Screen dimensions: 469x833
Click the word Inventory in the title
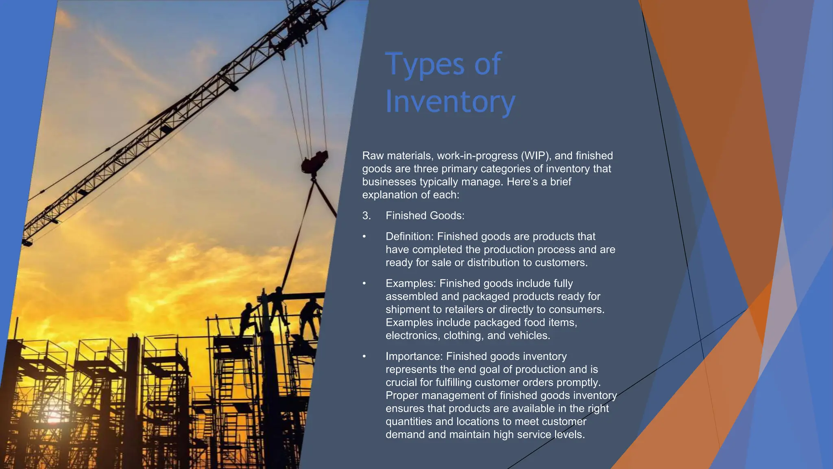coord(450,102)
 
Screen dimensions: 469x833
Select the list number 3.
coord(366,216)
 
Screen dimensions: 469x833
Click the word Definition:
coord(410,237)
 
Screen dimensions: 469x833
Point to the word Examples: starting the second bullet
coord(411,283)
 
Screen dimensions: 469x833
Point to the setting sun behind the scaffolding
coord(53,417)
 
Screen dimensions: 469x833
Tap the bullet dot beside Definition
coord(364,237)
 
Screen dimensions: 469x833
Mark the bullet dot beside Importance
coord(364,357)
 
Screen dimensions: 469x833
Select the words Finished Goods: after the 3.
coord(425,216)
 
